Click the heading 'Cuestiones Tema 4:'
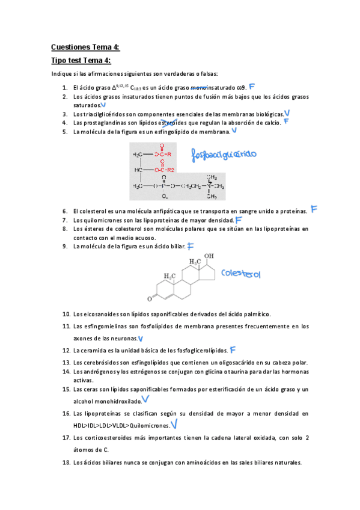click(x=85, y=47)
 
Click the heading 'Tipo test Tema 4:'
click(x=81, y=61)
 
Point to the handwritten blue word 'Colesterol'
click(x=240, y=274)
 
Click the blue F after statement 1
click(x=252, y=87)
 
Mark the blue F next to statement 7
click(x=239, y=220)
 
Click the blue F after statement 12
click(x=233, y=349)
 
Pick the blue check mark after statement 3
click(x=287, y=113)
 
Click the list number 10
click(x=66, y=314)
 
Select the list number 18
click(x=66, y=463)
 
